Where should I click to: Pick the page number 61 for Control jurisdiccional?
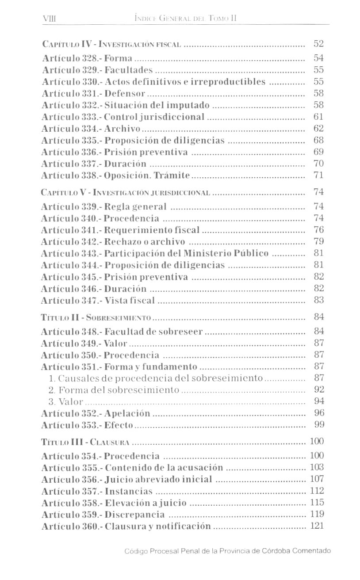coord(318,117)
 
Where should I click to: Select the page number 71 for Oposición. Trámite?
coord(318,175)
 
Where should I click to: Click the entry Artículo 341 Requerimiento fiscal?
coord(120,230)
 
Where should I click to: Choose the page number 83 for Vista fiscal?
coord(318,300)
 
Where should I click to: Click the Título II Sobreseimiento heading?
coord(96,317)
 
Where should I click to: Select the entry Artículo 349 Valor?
coord(84,343)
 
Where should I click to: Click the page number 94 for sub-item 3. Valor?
coord(318,401)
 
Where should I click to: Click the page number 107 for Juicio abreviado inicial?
coord(317,479)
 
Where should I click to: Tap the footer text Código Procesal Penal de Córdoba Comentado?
coord(227,551)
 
